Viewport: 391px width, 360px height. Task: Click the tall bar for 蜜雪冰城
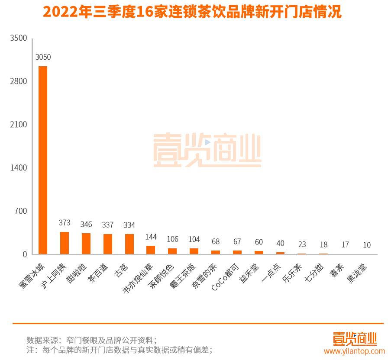pyautogui.click(x=43, y=160)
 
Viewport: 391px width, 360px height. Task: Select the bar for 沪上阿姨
pyautogui.click(x=65, y=243)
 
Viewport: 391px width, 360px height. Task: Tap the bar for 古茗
pyautogui.click(x=129, y=244)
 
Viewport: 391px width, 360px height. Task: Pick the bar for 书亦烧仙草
pyautogui.click(x=151, y=250)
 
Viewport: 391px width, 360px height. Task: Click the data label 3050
pyautogui.click(x=43, y=57)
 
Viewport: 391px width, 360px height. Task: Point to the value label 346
pyautogui.click(x=86, y=224)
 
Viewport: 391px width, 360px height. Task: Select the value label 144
pyautogui.click(x=151, y=237)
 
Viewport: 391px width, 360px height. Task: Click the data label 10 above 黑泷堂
pyautogui.click(x=367, y=245)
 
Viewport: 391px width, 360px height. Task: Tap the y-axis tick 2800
pyautogui.click(x=19, y=81)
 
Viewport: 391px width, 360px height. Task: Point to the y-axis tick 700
pyautogui.click(x=20, y=211)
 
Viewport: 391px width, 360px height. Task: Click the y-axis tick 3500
pyautogui.click(x=19, y=38)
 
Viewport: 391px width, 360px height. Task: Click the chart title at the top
pyautogui.click(x=192, y=12)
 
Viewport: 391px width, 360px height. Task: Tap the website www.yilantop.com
pyautogui.click(x=354, y=351)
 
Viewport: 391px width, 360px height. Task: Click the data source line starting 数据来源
pyautogui.click(x=92, y=339)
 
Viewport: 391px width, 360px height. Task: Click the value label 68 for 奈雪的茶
pyautogui.click(x=215, y=241)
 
